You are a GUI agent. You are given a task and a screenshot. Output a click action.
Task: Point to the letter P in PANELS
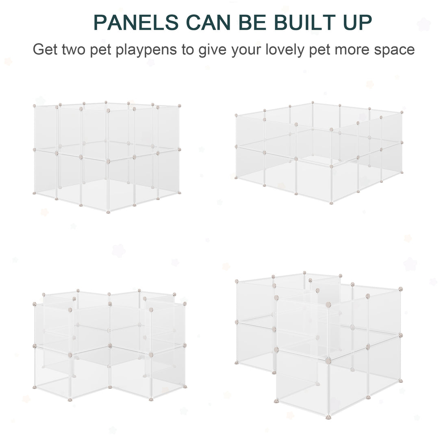100,23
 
